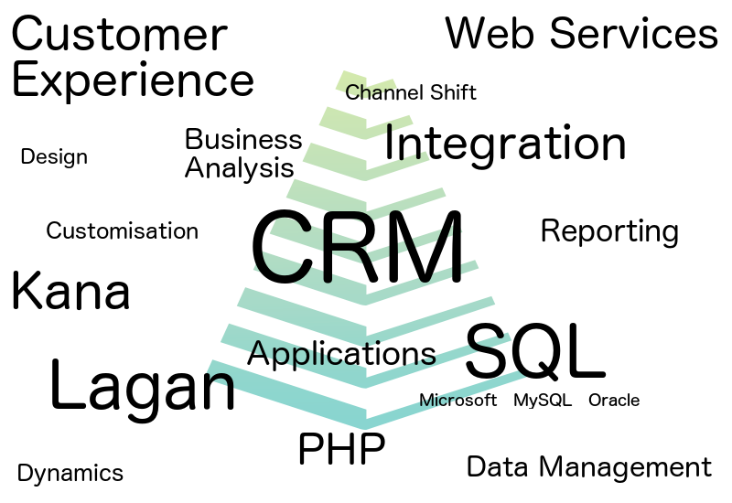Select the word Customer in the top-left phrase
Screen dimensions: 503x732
point(119,36)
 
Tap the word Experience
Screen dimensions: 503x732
point(133,81)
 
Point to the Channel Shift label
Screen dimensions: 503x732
point(411,92)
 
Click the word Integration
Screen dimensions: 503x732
point(505,144)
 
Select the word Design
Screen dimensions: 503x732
point(54,157)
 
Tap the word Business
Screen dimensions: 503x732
point(243,140)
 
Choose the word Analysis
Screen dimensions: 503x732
point(240,168)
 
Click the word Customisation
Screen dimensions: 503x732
point(122,230)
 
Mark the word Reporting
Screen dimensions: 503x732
point(609,231)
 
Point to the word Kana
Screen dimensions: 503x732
point(70,292)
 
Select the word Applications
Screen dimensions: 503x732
point(341,354)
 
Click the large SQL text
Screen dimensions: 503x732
point(535,351)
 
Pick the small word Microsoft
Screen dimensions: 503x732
point(457,401)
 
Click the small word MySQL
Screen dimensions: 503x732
point(543,401)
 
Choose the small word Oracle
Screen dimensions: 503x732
point(614,401)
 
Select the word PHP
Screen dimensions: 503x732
point(341,449)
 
